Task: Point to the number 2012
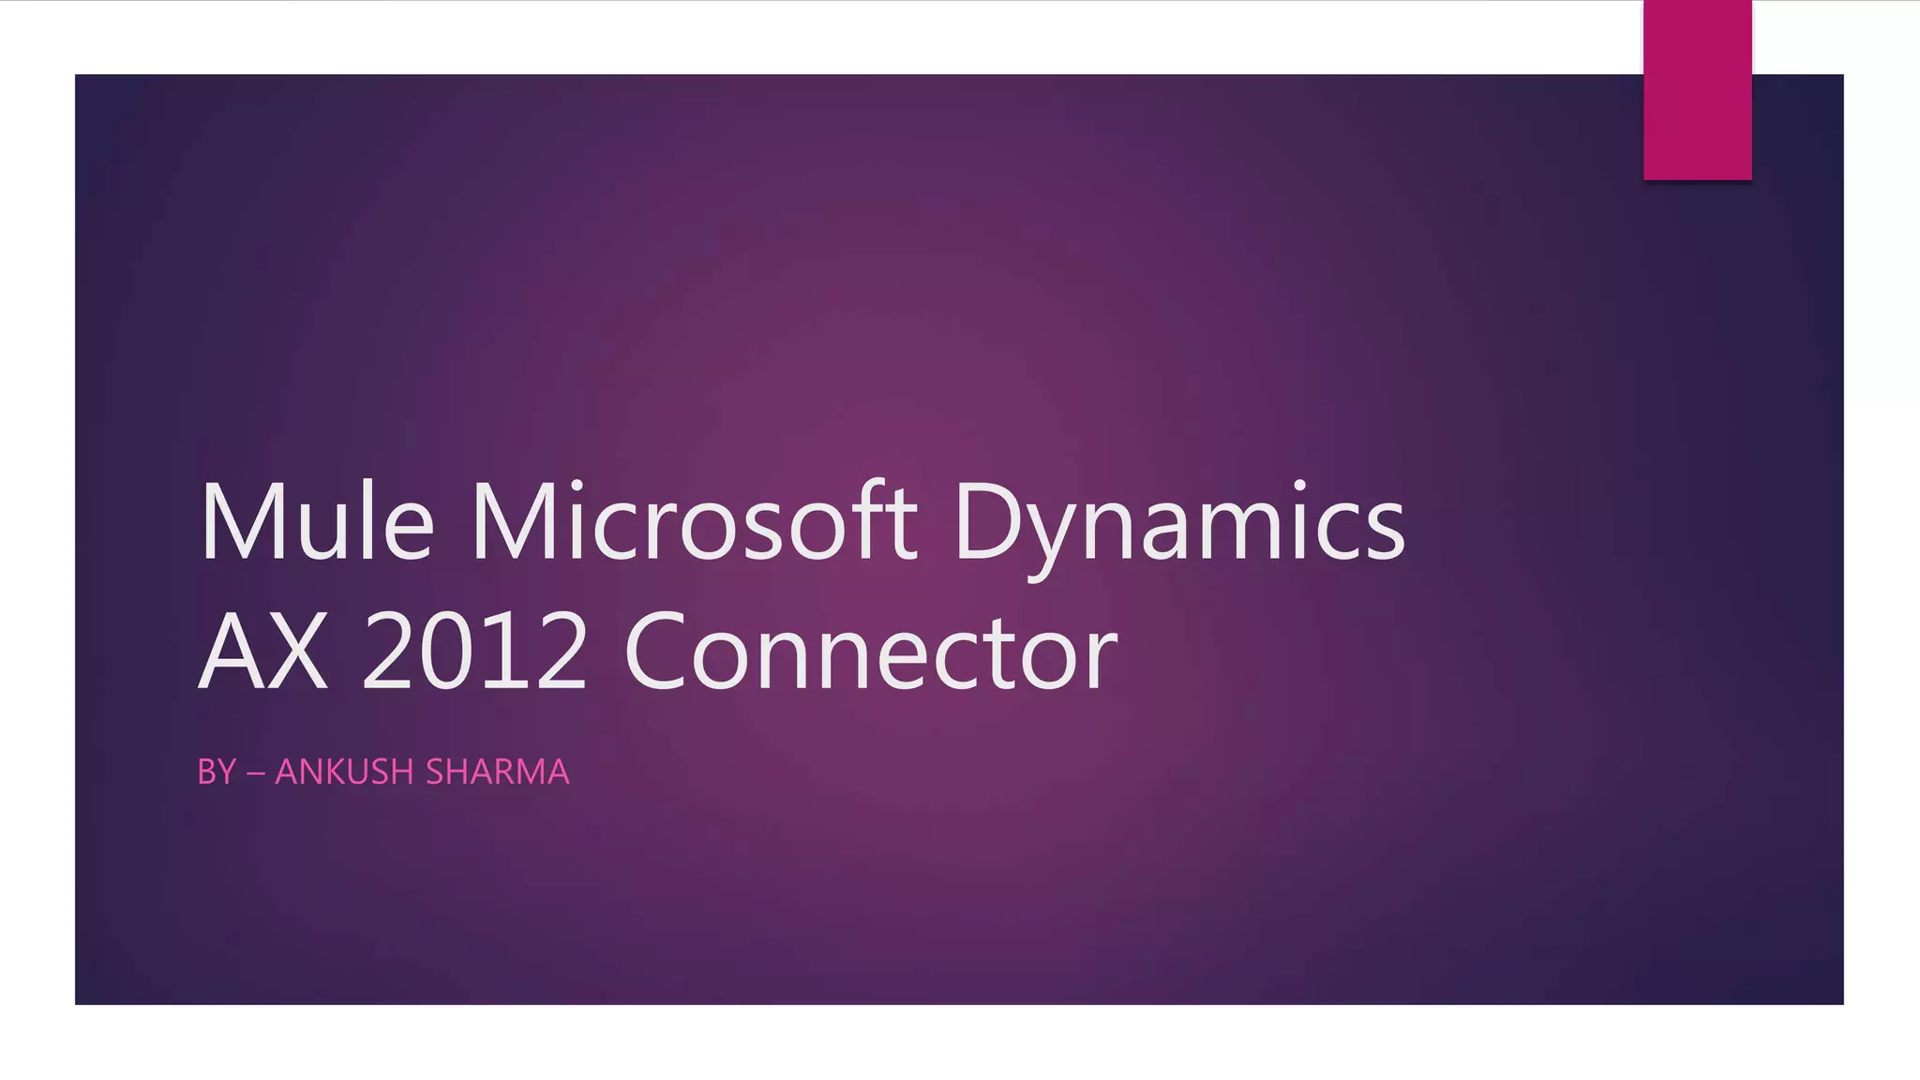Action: pyautogui.click(x=474, y=652)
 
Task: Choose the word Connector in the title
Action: pyautogui.click(x=870, y=652)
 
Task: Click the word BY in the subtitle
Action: pyautogui.click(x=217, y=772)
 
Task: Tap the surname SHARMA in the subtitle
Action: pyautogui.click(x=497, y=772)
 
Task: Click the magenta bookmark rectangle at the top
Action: pyautogui.click(x=1697, y=90)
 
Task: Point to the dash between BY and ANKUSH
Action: pyautogui.click(x=255, y=773)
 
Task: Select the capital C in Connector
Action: pyautogui.click(x=664, y=652)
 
